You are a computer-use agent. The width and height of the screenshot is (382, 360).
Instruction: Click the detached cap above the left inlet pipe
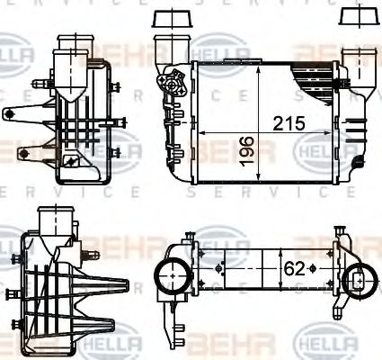tap(166, 19)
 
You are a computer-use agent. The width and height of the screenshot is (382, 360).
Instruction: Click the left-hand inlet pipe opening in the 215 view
tap(166, 45)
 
